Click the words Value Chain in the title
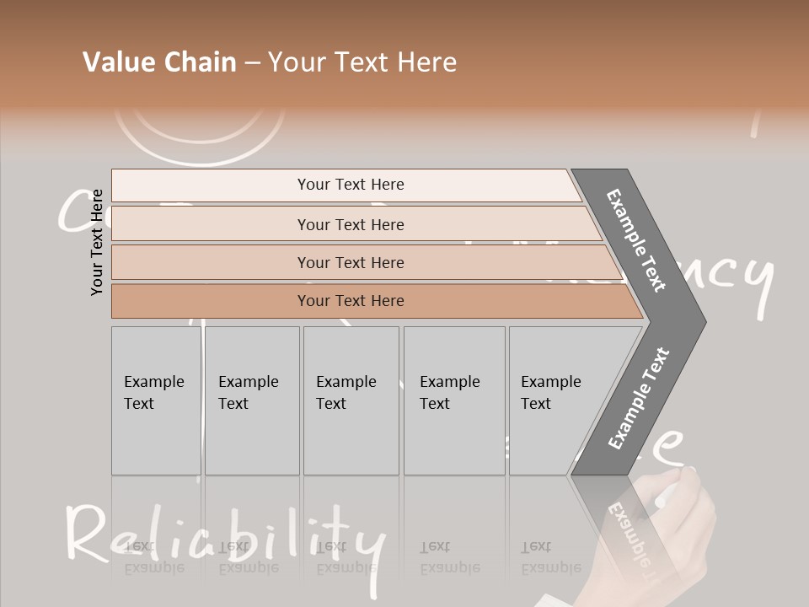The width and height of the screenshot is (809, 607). pos(159,62)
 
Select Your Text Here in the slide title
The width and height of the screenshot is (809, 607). pos(362,62)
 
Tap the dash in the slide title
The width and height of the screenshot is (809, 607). pos(252,63)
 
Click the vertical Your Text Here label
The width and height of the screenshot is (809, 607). pos(98,242)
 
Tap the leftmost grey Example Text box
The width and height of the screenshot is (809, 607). pos(155,400)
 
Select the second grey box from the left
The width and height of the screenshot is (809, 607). pos(251,400)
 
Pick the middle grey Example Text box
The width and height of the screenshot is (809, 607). pos(350,400)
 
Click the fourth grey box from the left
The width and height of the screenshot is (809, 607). pos(453,400)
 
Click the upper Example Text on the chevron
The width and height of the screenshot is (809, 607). pos(637,239)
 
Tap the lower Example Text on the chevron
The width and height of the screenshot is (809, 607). pos(639,398)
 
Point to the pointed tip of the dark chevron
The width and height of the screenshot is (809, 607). pos(704,321)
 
